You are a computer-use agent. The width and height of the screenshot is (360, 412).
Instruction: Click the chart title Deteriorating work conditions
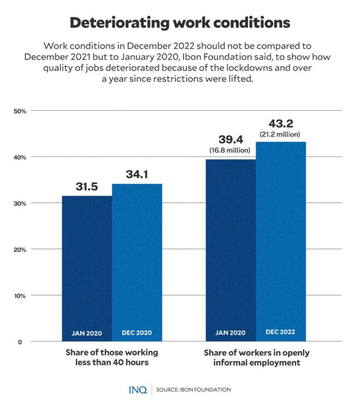(x=179, y=23)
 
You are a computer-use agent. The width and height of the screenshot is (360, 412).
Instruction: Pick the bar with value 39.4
(x=231, y=250)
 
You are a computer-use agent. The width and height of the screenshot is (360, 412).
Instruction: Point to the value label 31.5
(x=87, y=187)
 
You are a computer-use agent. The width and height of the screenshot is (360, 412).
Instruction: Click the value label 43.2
(x=280, y=124)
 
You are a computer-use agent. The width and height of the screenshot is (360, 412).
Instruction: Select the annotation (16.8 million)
(x=230, y=150)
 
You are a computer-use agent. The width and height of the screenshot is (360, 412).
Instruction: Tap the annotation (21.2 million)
(x=280, y=134)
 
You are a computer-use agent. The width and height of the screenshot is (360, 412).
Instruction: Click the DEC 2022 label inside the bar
(x=281, y=332)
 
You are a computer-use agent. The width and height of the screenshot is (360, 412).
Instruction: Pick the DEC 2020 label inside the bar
(x=137, y=333)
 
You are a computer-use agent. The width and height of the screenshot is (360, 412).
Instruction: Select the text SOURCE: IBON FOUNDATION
(x=193, y=389)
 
